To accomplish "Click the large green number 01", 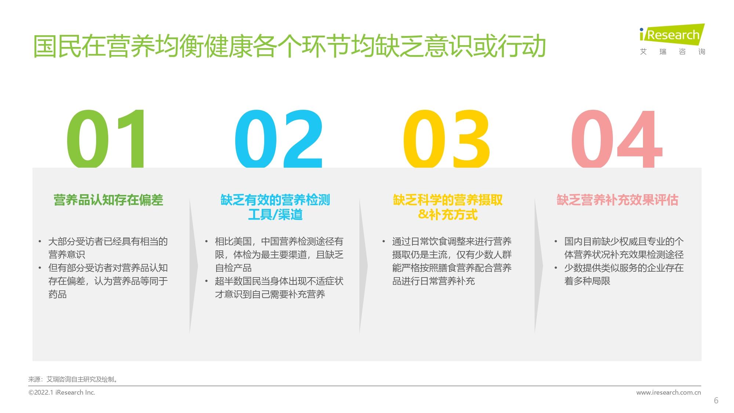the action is point(106,139).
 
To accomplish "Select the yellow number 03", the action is point(447,139).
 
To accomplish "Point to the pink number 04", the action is point(617,139).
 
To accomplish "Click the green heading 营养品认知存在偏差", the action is point(108,200).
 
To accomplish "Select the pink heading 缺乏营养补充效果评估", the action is point(617,200).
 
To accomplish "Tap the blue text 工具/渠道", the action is point(275,214).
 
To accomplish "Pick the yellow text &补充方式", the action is point(448,214).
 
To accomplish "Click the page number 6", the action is point(716,401).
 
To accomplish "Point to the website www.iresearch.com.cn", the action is point(668,392).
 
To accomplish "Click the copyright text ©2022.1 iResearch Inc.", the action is point(62,392).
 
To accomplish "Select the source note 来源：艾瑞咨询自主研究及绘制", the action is point(73,380).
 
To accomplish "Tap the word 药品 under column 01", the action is point(58,294).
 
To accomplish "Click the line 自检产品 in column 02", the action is point(233,268).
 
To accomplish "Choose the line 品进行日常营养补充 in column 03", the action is point(433,281).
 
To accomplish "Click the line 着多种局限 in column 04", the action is point(587,281).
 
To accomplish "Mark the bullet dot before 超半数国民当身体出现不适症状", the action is point(207,282).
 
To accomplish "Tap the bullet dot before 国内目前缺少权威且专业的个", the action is point(556,242).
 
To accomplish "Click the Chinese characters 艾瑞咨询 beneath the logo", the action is point(672,52).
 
